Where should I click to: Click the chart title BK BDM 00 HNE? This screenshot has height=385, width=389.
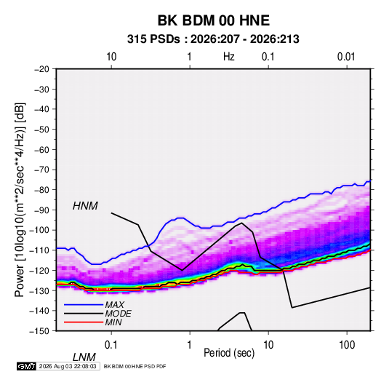[x=214, y=20]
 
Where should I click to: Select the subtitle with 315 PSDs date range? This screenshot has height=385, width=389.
[x=213, y=39]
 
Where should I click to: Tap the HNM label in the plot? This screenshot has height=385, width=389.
[x=85, y=206]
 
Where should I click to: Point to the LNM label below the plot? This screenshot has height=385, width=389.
[x=84, y=357]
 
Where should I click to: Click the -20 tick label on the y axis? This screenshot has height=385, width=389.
[x=41, y=69]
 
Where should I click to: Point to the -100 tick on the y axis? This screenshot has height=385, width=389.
[x=39, y=230]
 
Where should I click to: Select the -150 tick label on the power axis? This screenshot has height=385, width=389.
[x=39, y=331]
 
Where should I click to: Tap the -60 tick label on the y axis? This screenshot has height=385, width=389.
[x=41, y=149]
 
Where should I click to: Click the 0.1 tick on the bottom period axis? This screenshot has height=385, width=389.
[x=111, y=345]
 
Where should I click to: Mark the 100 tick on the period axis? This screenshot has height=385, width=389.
[x=347, y=345]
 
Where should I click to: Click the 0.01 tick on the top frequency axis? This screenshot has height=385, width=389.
[x=346, y=57]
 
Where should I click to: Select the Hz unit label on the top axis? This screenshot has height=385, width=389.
[x=229, y=57]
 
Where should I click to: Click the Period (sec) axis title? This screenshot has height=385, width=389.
[x=229, y=353]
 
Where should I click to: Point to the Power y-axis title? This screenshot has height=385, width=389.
[x=20, y=199]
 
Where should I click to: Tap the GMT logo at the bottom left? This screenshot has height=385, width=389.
[x=26, y=366]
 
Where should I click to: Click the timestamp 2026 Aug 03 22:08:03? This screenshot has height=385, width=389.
[x=68, y=366]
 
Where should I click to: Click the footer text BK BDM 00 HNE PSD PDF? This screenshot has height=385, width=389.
[x=135, y=366]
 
